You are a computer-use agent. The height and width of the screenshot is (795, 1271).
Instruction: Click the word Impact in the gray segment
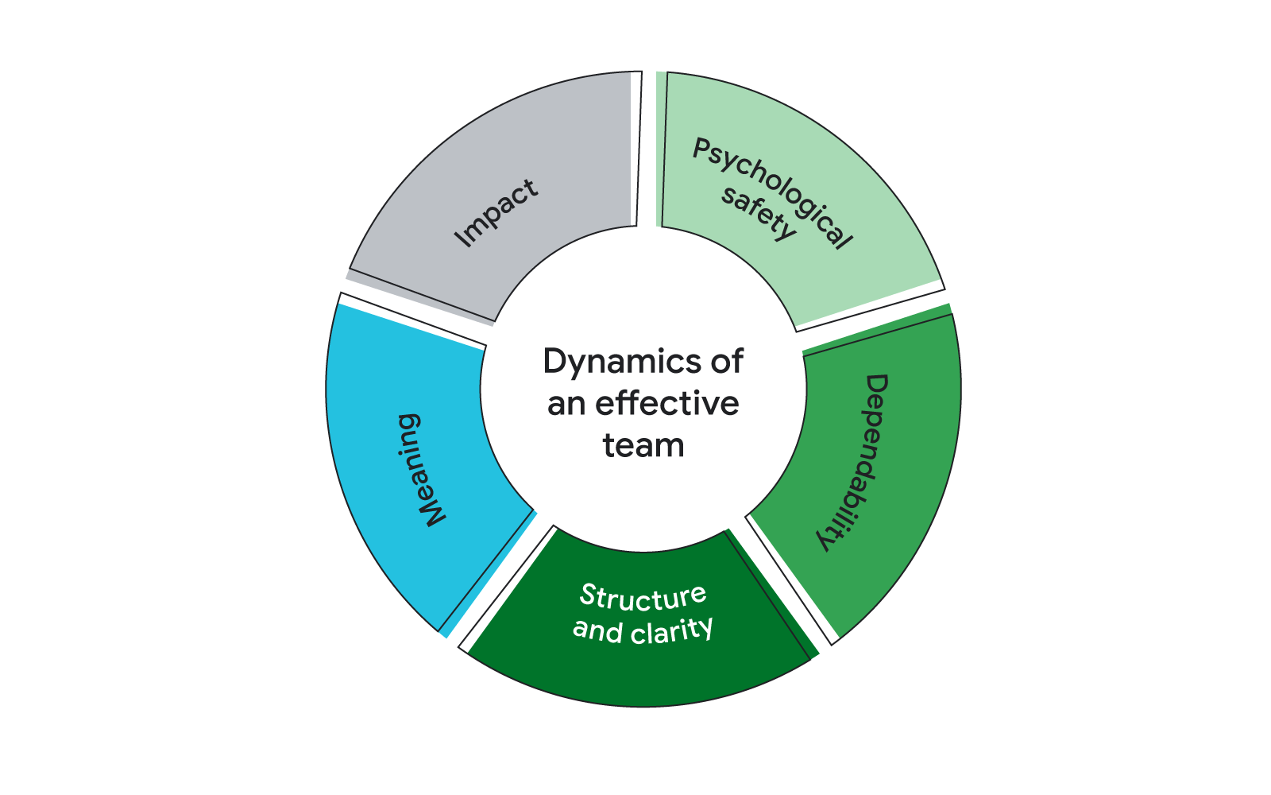click(496, 213)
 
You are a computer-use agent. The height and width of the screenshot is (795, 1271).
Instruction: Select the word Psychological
click(772, 193)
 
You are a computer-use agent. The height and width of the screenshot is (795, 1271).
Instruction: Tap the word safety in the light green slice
click(757, 215)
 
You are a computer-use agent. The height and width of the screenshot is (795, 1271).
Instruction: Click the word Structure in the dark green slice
click(643, 597)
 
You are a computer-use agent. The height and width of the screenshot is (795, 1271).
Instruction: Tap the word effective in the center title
click(666, 403)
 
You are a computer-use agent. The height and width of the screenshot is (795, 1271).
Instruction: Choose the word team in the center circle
click(643, 445)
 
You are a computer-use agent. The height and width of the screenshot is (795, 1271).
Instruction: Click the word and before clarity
click(597, 630)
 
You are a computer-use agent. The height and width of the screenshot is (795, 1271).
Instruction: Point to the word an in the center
click(566, 404)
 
